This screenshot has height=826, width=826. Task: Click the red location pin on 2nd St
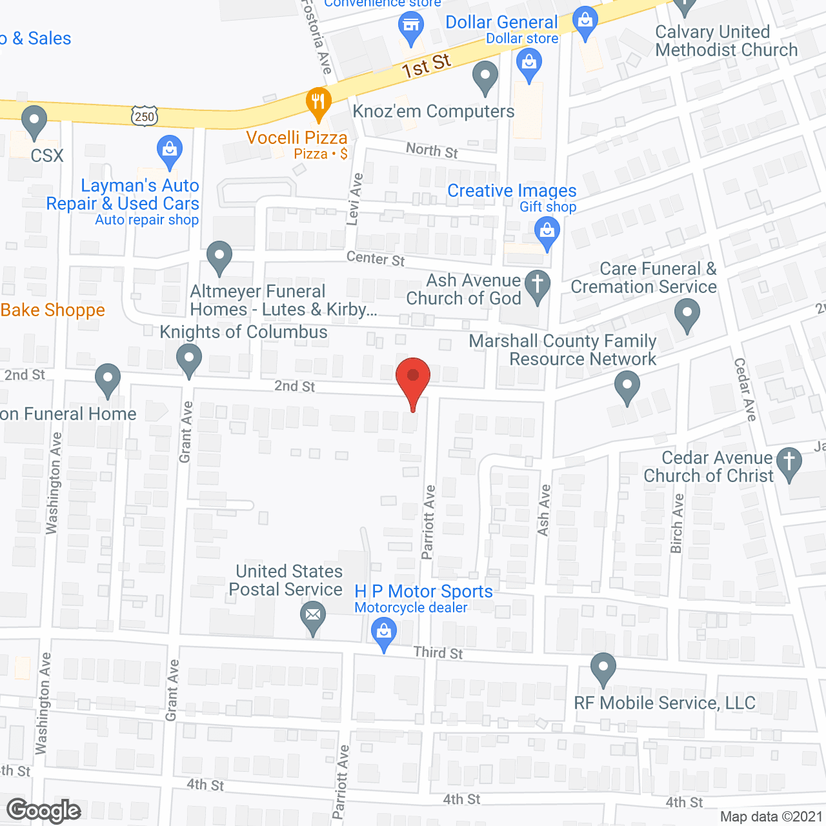click(412, 378)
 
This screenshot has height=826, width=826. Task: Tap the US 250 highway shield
click(144, 116)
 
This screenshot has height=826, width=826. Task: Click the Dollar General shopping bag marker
click(585, 23)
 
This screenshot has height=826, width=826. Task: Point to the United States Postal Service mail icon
click(313, 615)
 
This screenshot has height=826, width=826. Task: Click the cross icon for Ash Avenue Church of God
click(538, 285)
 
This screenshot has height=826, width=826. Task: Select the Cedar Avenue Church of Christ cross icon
click(789, 463)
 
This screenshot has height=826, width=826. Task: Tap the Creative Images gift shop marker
click(547, 231)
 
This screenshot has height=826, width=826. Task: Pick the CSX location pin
click(34, 121)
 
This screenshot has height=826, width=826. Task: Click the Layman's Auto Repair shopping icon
click(170, 150)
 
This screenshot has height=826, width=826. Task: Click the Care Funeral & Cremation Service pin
click(687, 315)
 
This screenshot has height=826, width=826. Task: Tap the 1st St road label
click(426, 66)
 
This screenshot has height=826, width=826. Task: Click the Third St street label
click(438, 652)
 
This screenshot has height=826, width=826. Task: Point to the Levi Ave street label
click(355, 199)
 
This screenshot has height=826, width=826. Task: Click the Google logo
click(44, 811)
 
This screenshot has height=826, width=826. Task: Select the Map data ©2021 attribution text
click(771, 816)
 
